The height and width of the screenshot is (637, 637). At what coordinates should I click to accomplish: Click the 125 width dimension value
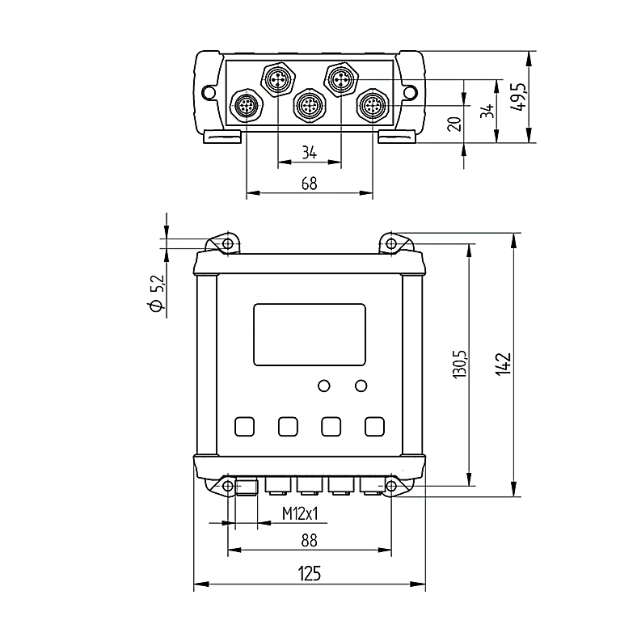click(310, 573)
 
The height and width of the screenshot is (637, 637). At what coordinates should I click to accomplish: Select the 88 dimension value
click(309, 540)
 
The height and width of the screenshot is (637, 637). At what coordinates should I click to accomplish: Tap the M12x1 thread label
click(300, 514)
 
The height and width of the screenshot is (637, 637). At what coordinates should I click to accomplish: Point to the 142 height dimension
click(504, 364)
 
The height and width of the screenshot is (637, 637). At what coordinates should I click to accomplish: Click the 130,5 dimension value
click(460, 365)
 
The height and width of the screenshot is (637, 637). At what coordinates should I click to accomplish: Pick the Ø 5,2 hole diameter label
click(157, 293)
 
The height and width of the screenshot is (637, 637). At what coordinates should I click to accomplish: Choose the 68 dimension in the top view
click(309, 184)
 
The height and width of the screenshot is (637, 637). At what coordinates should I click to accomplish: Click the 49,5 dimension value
click(517, 97)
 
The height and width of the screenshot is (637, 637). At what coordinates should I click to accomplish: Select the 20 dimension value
click(454, 124)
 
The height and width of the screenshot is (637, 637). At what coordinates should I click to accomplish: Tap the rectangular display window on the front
click(310, 335)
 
